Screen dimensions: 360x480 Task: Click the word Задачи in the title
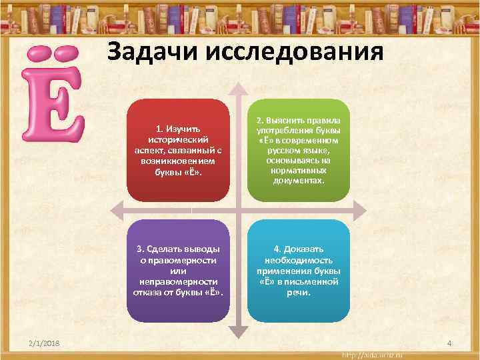coord(152,51)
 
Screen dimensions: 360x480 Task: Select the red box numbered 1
coord(177,151)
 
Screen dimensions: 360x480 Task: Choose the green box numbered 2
coord(298,151)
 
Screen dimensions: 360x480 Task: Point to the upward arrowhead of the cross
coord(237,89)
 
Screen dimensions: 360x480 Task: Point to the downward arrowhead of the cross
coord(237,331)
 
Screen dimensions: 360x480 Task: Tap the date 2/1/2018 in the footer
coord(44,343)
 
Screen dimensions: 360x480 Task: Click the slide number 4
coord(449,343)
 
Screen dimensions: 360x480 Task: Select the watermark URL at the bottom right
coord(377,353)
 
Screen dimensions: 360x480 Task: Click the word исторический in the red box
coord(177,139)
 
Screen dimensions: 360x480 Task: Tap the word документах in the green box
coord(299,180)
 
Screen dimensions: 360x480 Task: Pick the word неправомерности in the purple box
coord(177,281)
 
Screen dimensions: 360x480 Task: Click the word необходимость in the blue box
coord(299,261)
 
